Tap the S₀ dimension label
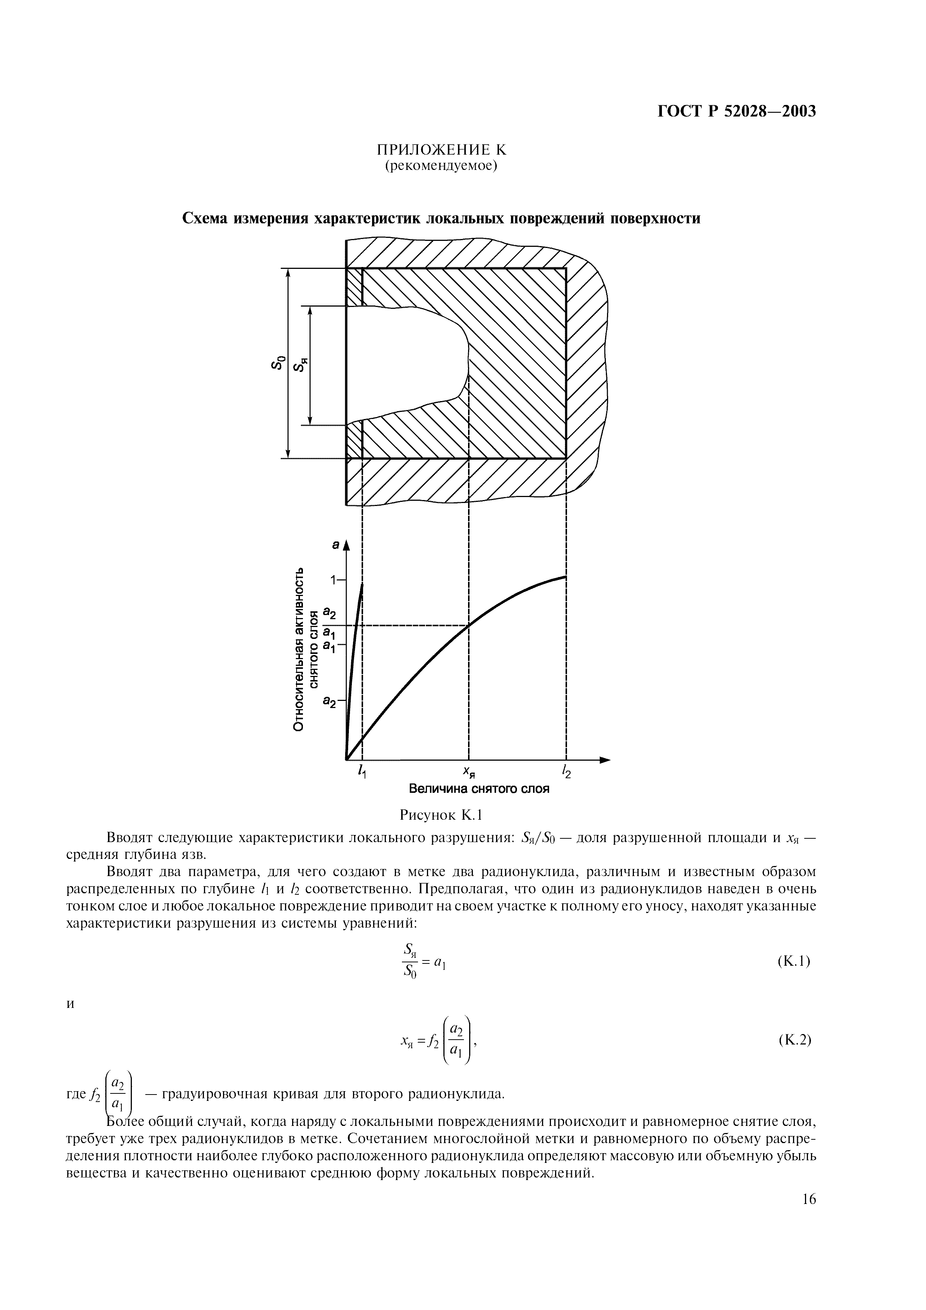[277, 363]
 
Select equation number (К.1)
[794, 961]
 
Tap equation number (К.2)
[794, 1040]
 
